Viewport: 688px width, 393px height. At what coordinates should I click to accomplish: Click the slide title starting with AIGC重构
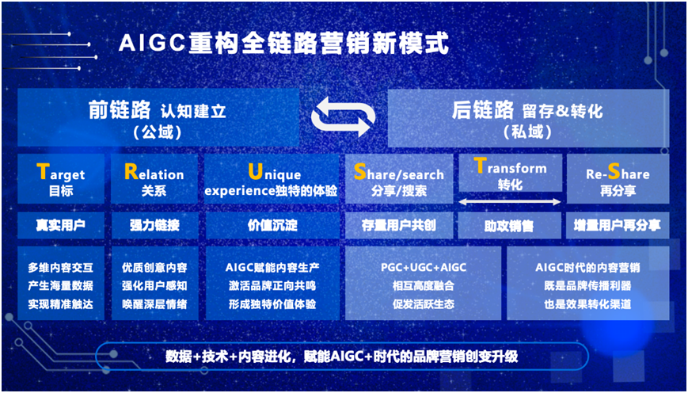(x=283, y=44)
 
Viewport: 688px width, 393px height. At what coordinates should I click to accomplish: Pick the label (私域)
(x=528, y=132)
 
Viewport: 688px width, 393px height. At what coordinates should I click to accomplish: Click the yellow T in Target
(x=42, y=172)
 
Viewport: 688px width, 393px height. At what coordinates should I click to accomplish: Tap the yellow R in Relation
(x=131, y=172)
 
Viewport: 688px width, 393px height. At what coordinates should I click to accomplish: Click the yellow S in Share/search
(x=359, y=172)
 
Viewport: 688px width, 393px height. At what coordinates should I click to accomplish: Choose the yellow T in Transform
(x=481, y=165)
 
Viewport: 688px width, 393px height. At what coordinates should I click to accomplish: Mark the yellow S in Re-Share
(x=613, y=172)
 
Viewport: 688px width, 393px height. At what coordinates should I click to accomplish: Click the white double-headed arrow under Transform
(x=510, y=202)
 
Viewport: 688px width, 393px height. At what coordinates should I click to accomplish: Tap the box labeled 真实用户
(x=61, y=226)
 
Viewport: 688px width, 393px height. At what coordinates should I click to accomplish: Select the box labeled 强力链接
(x=154, y=226)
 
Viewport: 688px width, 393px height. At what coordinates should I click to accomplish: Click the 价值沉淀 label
(x=272, y=226)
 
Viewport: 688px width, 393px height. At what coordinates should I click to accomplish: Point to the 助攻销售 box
(x=509, y=226)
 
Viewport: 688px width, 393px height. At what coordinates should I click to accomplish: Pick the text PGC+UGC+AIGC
(x=423, y=267)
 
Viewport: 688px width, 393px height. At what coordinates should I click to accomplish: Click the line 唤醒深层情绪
(x=154, y=303)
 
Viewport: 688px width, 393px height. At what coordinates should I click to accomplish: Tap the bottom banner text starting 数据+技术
(x=342, y=356)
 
